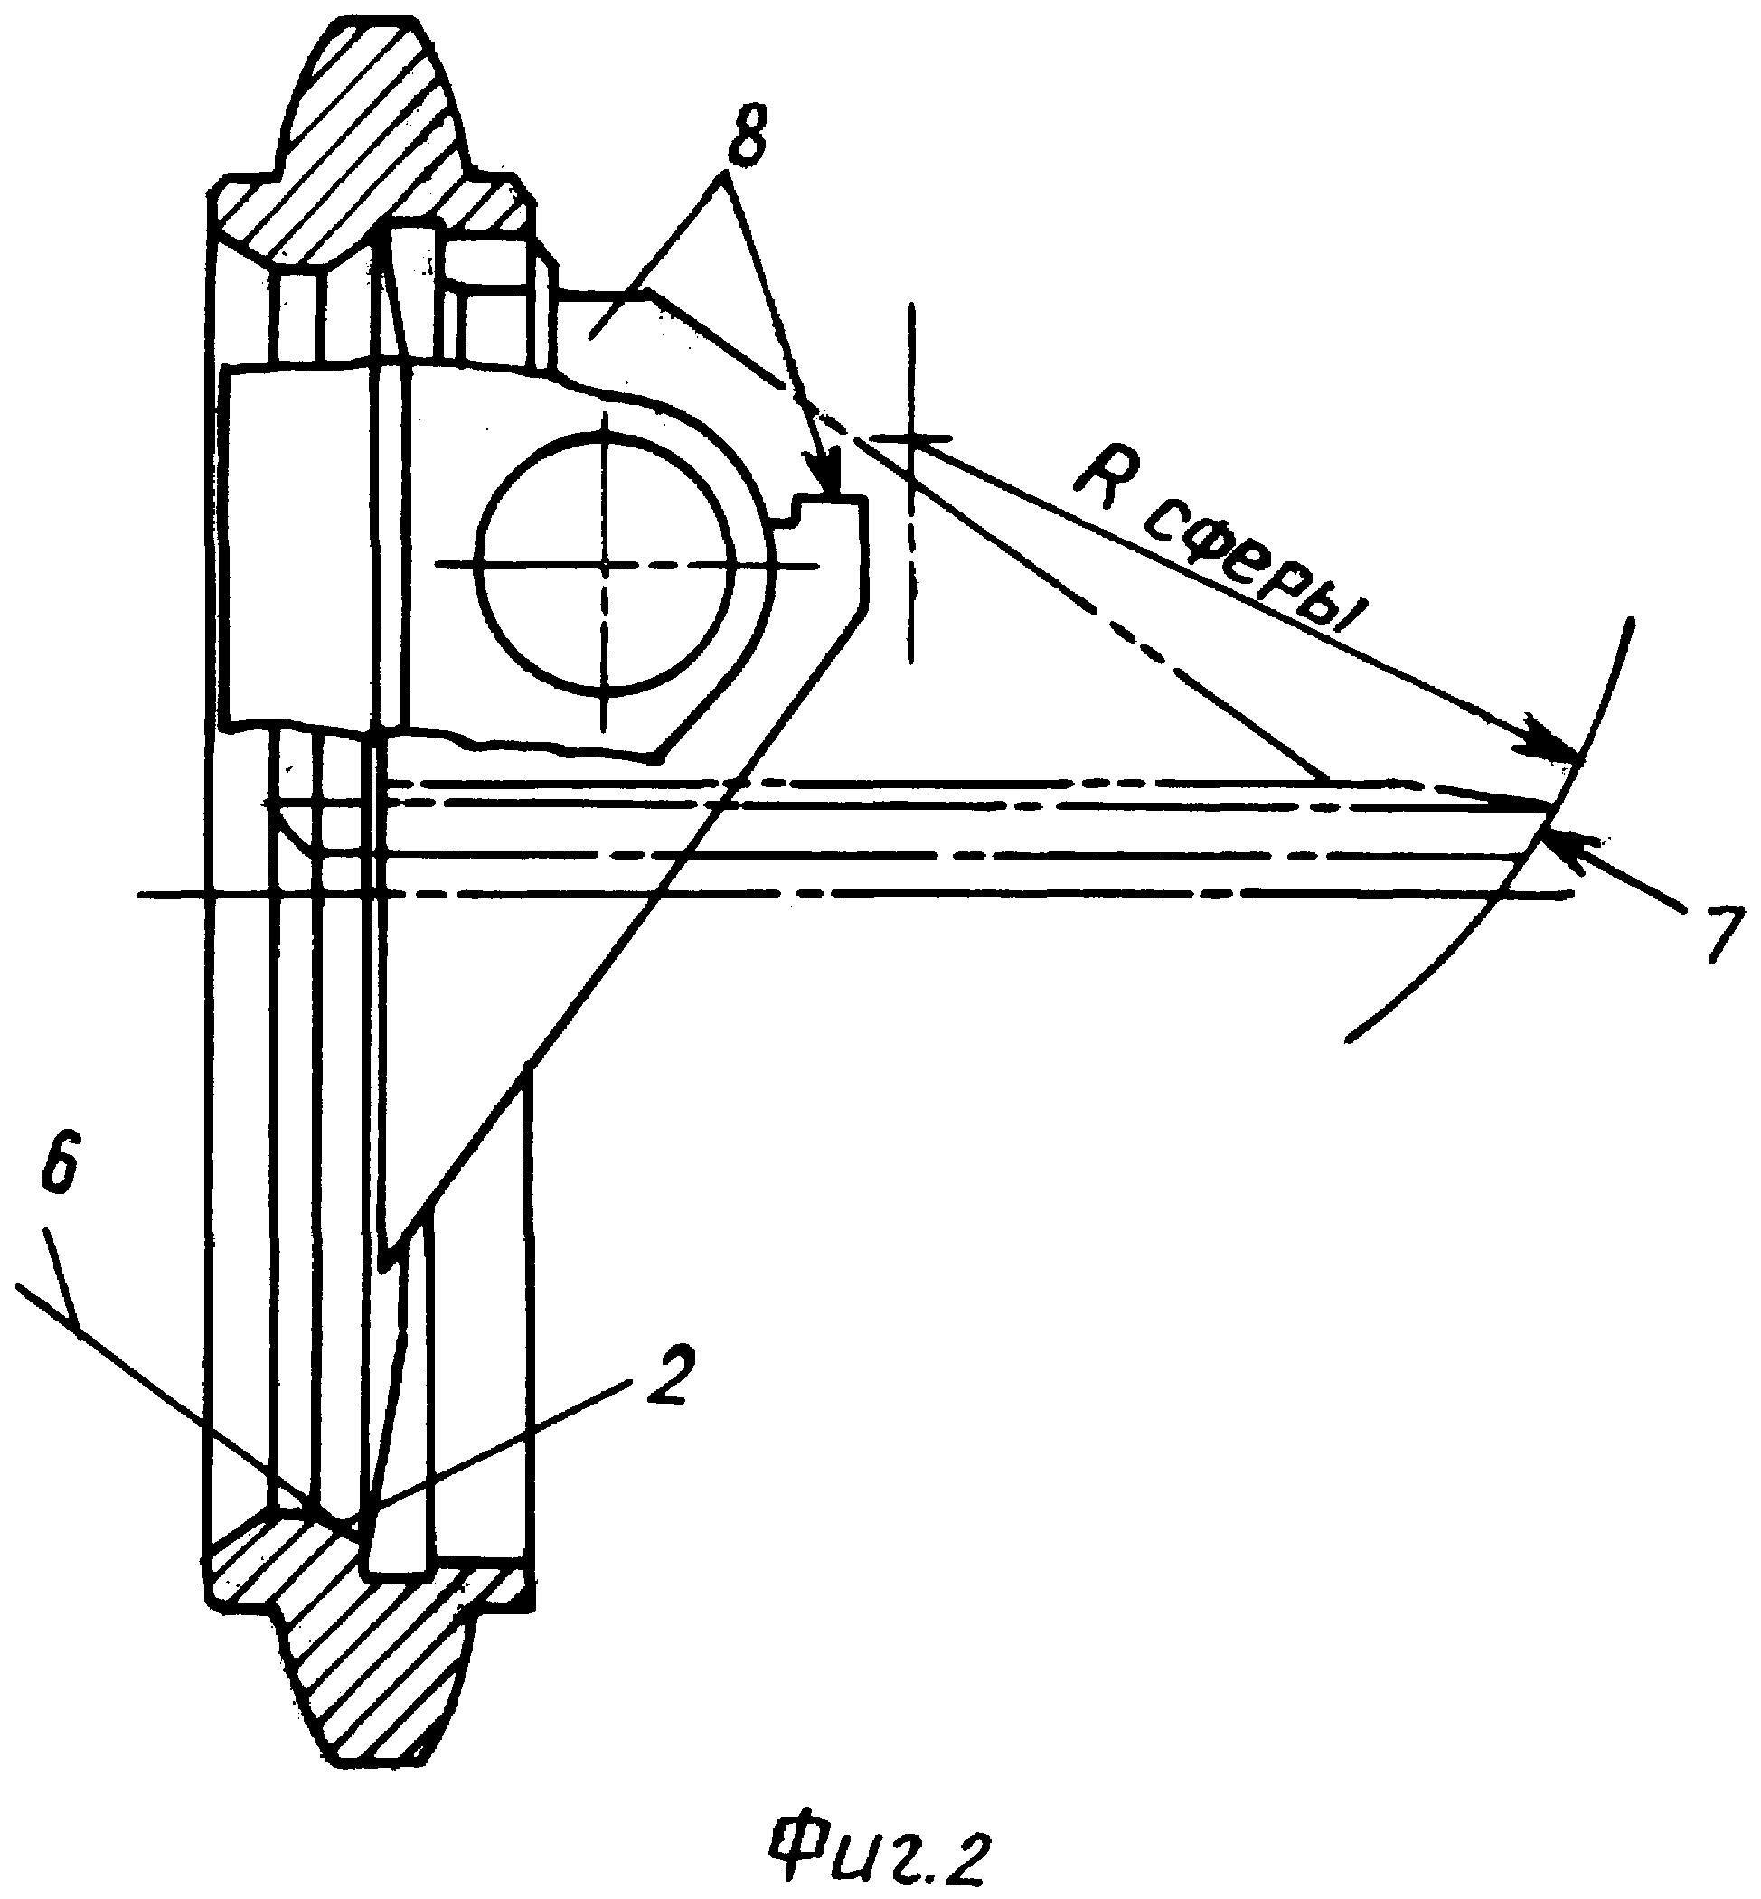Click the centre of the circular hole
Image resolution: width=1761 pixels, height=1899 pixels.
tap(604, 564)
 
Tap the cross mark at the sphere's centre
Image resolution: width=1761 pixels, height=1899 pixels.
tap(912, 438)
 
